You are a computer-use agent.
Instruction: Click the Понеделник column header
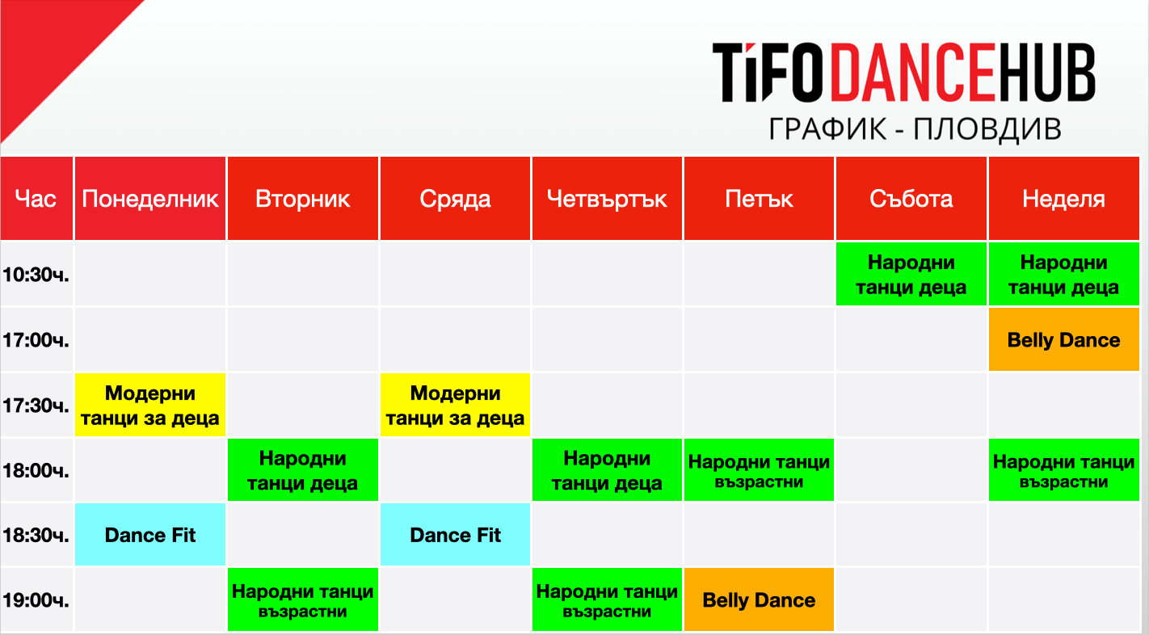[x=150, y=199]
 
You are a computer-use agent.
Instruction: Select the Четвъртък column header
[x=608, y=199]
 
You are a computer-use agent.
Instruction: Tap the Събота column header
[x=911, y=199]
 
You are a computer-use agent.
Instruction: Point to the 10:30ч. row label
[x=36, y=275]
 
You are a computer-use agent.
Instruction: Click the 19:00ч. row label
[x=36, y=600]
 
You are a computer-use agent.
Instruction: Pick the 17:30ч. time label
[x=36, y=406]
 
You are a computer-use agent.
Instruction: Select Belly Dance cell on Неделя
[x=1064, y=339]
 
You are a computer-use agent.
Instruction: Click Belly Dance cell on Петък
[x=760, y=599]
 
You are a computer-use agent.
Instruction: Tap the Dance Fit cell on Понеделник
[x=150, y=535]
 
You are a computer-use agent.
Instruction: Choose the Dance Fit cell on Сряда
[x=455, y=535]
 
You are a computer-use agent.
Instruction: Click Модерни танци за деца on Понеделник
[x=150, y=406]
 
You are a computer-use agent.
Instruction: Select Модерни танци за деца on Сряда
[x=455, y=406]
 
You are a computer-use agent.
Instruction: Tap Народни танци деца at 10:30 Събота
[x=911, y=275]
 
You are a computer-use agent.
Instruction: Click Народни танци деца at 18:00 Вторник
[x=303, y=470]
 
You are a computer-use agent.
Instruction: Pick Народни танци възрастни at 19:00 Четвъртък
[x=608, y=599]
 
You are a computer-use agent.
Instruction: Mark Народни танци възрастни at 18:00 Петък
[x=760, y=470]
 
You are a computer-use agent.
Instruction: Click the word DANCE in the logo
[x=913, y=73]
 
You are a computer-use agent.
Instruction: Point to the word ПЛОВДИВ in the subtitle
[x=987, y=128]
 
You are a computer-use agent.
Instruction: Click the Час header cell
[x=36, y=199]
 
